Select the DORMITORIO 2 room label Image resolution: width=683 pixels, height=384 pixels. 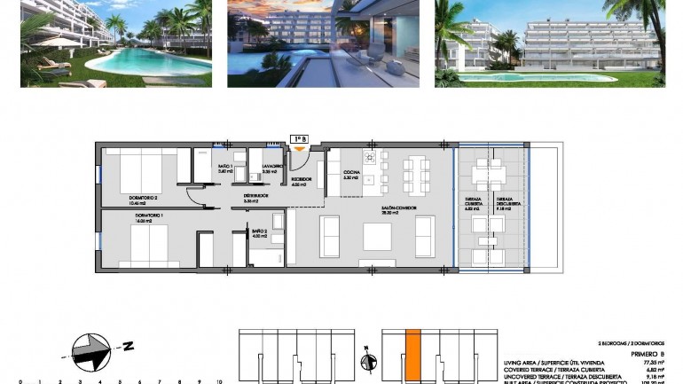[x=123, y=199]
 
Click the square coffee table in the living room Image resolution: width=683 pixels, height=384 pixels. [x=378, y=236]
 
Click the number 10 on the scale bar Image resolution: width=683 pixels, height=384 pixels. [x=218, y=381]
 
